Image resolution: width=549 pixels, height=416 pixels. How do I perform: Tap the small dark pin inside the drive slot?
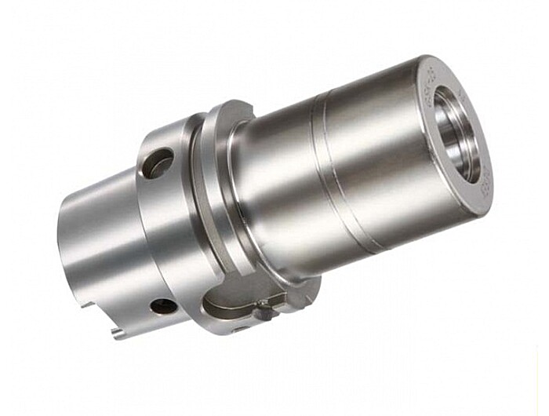(x=265, y=312)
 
